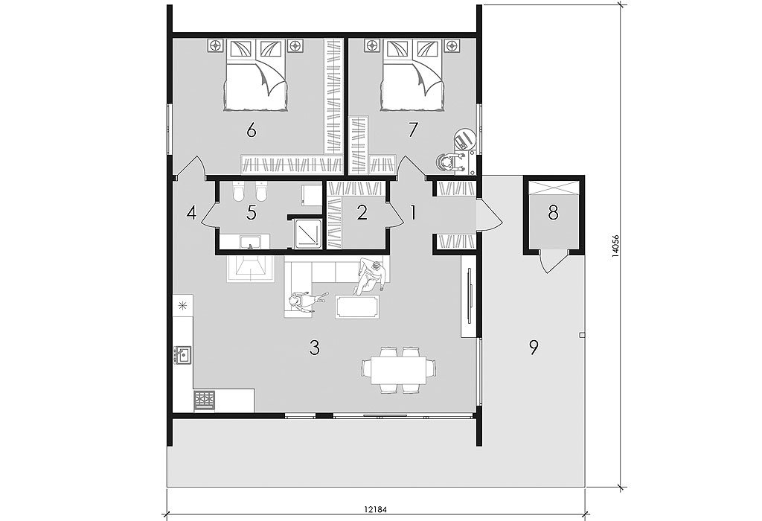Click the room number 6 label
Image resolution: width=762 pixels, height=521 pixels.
tap(252, 131)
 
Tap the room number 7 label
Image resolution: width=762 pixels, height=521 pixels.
tap(412, 130)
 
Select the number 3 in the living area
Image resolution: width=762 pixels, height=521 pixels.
tap(315, 348)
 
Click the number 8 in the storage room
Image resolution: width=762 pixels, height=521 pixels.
tap(553, 212)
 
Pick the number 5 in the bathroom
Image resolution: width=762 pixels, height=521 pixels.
tap(252, 213)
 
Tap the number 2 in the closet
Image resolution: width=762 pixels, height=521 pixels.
tap(362, 213)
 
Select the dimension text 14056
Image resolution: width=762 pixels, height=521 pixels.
tap(615, 246)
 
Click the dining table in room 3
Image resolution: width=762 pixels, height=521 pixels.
tap(399, 370)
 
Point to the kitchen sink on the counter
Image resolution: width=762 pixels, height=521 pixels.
tap(183, 355)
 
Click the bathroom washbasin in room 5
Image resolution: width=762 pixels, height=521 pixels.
tap(249, 241)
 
